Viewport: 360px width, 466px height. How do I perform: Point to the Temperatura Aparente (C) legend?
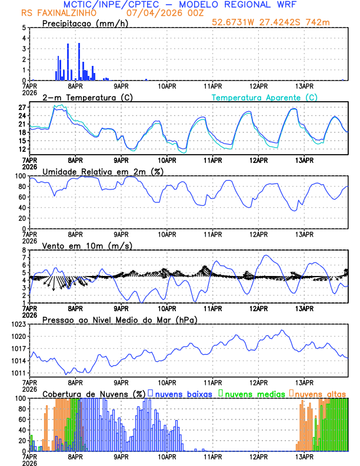[265, 97]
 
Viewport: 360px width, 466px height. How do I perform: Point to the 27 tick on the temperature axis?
[22, 108]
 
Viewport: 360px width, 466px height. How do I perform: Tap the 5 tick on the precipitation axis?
[24, 28]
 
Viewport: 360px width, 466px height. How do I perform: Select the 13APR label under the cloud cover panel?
[304, 456]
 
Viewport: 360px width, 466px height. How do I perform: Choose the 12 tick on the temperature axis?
[22, 149]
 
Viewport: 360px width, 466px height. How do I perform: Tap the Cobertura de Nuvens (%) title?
[94, 394]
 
